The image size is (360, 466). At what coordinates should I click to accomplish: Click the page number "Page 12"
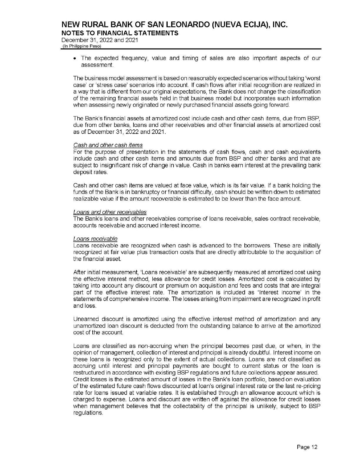(307, 447)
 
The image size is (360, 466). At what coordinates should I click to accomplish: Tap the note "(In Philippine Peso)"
(81, 46)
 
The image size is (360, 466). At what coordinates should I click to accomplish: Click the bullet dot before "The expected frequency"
(76, 58)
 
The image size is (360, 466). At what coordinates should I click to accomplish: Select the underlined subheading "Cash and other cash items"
(108, 145)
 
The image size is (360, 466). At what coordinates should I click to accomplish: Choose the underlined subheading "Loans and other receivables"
(110, 212)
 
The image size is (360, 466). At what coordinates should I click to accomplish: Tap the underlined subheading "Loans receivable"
(95, 239)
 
